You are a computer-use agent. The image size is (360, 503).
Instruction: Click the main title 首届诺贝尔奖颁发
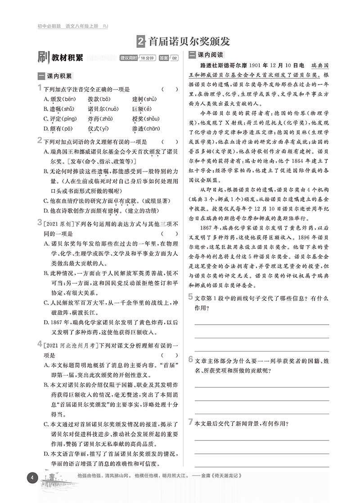pyautogui.click(x=189, y=41)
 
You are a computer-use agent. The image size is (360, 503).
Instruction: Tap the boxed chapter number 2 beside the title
pyautogui.click(x=141, y=42)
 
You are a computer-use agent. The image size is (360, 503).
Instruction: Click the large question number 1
pyautogui.click(x=40, y=88)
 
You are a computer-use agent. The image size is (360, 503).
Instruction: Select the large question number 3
pyautogui.click(x=40, y=223)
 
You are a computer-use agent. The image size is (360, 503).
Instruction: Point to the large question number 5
pyautogui.click(x=191, y=296)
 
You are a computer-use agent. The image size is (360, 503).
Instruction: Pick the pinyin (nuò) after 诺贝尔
pyautogui.click(x=112, y=109)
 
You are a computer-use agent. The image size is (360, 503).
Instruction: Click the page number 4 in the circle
pyautogui.click(x=31, y=478)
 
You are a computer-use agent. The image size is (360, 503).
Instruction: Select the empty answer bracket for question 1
pyautogui.click(x=169, y=89)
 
